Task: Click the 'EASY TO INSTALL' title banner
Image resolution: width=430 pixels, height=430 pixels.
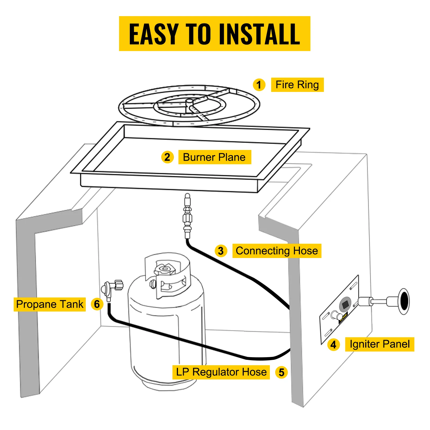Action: [x=214, y=34]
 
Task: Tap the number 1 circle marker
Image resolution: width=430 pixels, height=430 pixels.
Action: [x=259, y=85]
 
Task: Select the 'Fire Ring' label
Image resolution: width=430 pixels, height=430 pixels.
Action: [x=297, y=85]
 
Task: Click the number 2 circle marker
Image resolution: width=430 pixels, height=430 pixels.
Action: [x=167, y=157]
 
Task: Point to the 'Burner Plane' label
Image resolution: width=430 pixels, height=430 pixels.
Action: [x=214, y=157]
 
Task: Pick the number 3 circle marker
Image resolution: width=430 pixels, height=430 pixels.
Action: [x=221, y=251]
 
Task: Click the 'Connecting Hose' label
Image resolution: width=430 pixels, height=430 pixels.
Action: [x=277, y=251]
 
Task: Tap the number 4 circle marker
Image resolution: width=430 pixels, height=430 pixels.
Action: [x=333, y=345]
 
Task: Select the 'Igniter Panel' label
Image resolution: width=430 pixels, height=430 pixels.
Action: [x=379, y=344]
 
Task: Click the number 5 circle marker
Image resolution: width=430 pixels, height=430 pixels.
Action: [x=281, y=372]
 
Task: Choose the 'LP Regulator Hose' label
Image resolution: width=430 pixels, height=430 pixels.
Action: [x=221, y=372]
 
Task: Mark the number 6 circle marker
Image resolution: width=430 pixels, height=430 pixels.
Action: [x=97, y=304]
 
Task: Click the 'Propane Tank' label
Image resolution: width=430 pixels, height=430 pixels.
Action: [x=50, y=304]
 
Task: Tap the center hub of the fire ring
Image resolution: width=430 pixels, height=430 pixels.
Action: [x=189, y=102]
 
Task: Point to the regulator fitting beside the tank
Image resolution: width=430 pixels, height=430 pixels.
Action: [x=110, y=289]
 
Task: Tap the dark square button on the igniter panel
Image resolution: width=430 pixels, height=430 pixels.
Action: [x=345, y=304]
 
